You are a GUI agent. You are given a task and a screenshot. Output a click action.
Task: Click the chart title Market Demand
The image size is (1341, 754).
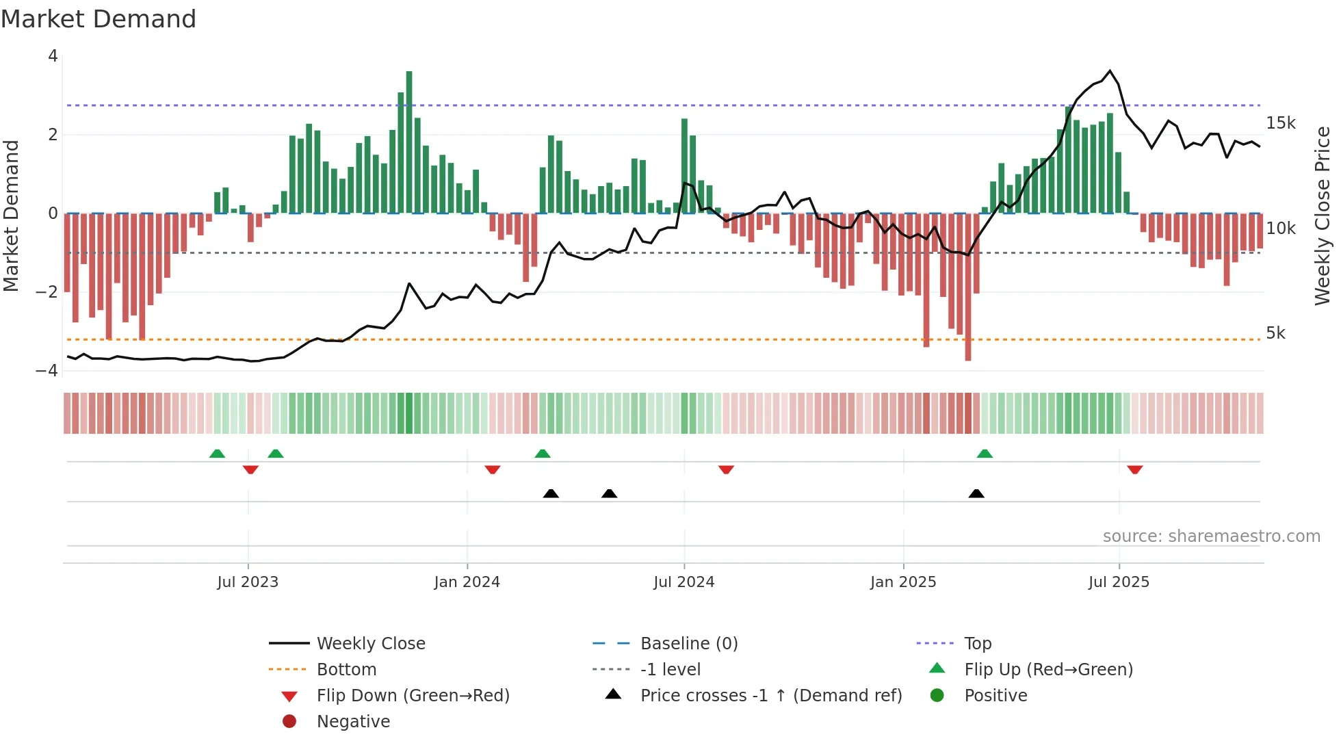[99, 19]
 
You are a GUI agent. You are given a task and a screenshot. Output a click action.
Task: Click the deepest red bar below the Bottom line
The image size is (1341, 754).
[967, 287]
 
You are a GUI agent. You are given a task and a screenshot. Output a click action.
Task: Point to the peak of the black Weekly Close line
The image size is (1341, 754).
[1110, 70]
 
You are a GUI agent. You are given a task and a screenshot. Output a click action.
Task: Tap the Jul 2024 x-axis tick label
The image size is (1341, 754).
[683, 582]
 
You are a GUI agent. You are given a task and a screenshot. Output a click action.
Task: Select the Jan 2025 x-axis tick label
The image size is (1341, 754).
[903, 582]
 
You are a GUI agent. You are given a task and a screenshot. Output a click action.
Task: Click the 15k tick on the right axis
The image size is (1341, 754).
[1280, 123]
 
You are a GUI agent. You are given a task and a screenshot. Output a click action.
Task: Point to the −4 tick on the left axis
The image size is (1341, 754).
[47, 370]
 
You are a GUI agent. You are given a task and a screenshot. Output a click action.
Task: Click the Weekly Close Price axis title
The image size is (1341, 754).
[1322, 216]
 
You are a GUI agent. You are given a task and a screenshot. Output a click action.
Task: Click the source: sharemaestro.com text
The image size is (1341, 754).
[1211, 536]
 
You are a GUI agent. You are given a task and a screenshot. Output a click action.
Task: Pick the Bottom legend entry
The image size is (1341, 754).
[346, 669]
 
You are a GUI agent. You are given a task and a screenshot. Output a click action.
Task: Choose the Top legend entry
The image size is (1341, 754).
[977, 643]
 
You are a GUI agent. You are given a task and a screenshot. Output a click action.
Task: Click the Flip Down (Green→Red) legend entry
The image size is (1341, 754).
[413, 695]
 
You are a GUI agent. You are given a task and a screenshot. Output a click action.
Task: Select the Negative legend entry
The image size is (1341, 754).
[353, 721]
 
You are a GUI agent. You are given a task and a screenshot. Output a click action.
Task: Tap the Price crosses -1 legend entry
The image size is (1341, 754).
[770, 695]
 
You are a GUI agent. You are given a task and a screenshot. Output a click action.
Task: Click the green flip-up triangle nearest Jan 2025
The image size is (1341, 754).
[985, 454]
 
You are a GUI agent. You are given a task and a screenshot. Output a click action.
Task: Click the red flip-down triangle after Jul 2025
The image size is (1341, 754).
[1134, 470]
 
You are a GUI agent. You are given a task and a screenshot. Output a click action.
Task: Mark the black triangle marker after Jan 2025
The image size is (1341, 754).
[976, 493]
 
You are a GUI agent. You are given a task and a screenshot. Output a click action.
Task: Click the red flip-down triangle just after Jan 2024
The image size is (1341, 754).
[492, 470]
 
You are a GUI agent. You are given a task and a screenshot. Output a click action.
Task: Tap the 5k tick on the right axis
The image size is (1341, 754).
[1275, 333]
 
